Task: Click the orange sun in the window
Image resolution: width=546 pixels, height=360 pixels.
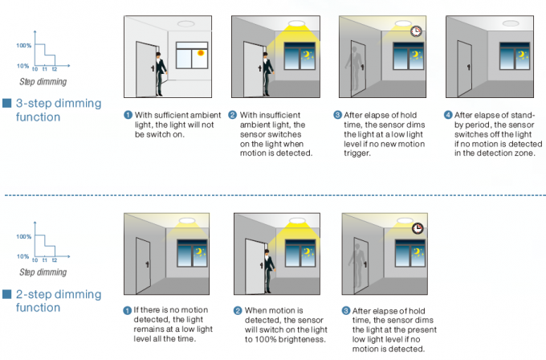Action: (x=201, y=55)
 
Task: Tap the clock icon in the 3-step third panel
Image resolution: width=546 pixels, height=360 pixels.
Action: (x=415, y=31)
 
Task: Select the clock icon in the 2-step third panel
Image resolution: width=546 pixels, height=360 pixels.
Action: (x=418, y=228)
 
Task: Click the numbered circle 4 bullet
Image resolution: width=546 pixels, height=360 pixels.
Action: (x=450, y=116)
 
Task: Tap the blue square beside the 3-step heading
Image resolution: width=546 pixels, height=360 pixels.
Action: (x=6, y=104)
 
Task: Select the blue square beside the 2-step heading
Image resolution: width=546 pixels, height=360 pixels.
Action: (x=6, y=294)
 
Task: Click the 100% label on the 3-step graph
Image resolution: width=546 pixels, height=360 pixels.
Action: (x=23, y=45)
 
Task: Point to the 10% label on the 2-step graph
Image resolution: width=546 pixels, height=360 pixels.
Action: (x=23, y=256)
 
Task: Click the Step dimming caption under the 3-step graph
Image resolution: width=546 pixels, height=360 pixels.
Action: (x=43, y=82)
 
